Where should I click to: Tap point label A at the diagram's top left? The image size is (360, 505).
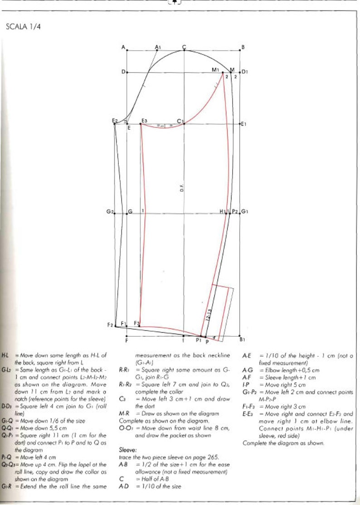pyautogui.click(x=123, y=47)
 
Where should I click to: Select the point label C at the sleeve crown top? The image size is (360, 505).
pyautogui.click(x=184, y=47)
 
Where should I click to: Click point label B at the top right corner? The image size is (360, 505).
pyautogui.click(x=243, y=47)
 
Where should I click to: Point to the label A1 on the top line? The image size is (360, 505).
pyautogui.click(x=158, y=47)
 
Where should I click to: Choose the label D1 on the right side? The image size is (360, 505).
pyautogui.click(x=244, y=72)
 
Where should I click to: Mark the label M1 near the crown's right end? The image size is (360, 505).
pyautogui.click(x=215, y=70)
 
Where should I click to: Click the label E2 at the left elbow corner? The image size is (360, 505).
pyautogui.click(x=115, y=121)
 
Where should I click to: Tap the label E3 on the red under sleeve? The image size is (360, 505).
pyautogui.click(x=144, y=121)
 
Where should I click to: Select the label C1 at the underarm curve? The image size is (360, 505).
pyautogui.click(x=180, y=121)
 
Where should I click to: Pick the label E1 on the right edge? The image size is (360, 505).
pyautogui.click(x=243, y=124)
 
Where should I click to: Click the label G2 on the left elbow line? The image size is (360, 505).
pyautogui.click(x=109, y=212)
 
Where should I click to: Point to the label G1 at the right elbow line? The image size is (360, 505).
pyautogui.click(x=244, y=212)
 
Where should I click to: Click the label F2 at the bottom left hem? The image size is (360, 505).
pyautogui.click(x=110, y=325)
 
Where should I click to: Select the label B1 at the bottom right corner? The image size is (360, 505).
pyautogui.click(x=243, y=339)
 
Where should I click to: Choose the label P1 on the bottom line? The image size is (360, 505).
pyautogui.click(x=198, y=340)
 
